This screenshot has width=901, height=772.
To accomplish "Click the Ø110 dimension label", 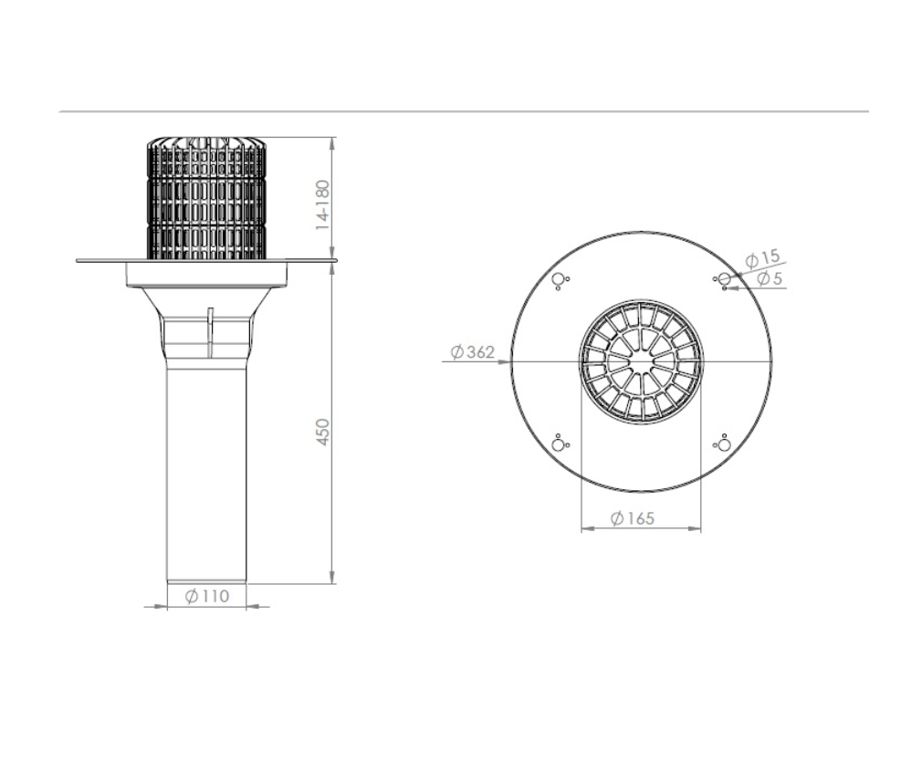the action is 207,596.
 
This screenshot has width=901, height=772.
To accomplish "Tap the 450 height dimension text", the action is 323,432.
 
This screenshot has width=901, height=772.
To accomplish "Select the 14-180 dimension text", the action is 323,205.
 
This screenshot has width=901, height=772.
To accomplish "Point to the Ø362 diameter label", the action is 472,351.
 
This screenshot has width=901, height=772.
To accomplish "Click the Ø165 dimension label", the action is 632,518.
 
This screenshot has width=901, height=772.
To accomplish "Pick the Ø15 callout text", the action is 762,258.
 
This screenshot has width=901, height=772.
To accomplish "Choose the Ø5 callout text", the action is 770,278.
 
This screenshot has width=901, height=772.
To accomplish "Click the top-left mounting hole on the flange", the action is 558,279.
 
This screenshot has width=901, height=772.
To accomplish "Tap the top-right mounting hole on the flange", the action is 725,279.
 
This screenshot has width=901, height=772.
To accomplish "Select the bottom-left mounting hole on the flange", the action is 558,444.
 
